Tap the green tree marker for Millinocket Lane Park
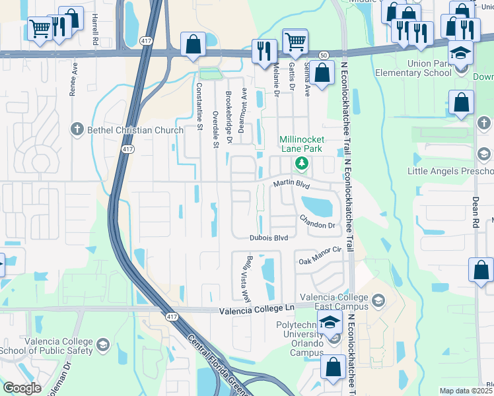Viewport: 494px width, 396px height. point(302,162)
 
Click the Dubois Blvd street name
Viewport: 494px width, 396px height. point(269,238)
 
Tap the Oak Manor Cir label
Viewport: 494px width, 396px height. point(320,254)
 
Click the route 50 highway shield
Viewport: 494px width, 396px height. point(323,55)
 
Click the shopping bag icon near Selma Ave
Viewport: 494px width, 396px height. point(322,74)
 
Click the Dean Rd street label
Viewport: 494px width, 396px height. point(475,212)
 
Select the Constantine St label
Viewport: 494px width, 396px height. point(199,105)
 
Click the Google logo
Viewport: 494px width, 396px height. point(21,388)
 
